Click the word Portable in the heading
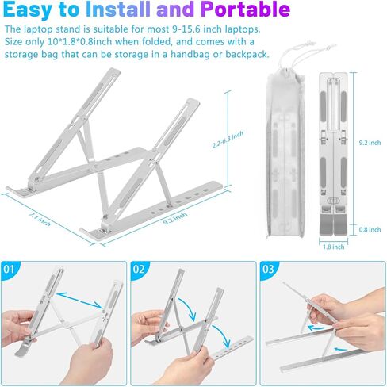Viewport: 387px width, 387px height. click(245, 10)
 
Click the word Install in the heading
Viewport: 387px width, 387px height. click(118, 10)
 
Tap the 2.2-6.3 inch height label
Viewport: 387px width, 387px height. click(228, 140)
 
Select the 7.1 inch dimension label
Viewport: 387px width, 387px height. click(39, 220)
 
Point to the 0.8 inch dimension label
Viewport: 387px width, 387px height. click(370, 229)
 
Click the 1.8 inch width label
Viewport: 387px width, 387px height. click(334, 247)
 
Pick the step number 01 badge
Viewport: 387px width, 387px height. click(9, 270)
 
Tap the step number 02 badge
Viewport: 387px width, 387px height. click(139, 270)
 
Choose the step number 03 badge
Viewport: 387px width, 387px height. click(268, 270)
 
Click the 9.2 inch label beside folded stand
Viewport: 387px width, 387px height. click(370, 143)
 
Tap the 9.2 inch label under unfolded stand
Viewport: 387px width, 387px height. click(174, 219)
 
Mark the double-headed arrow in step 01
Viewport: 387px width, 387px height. click(79, 301)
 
